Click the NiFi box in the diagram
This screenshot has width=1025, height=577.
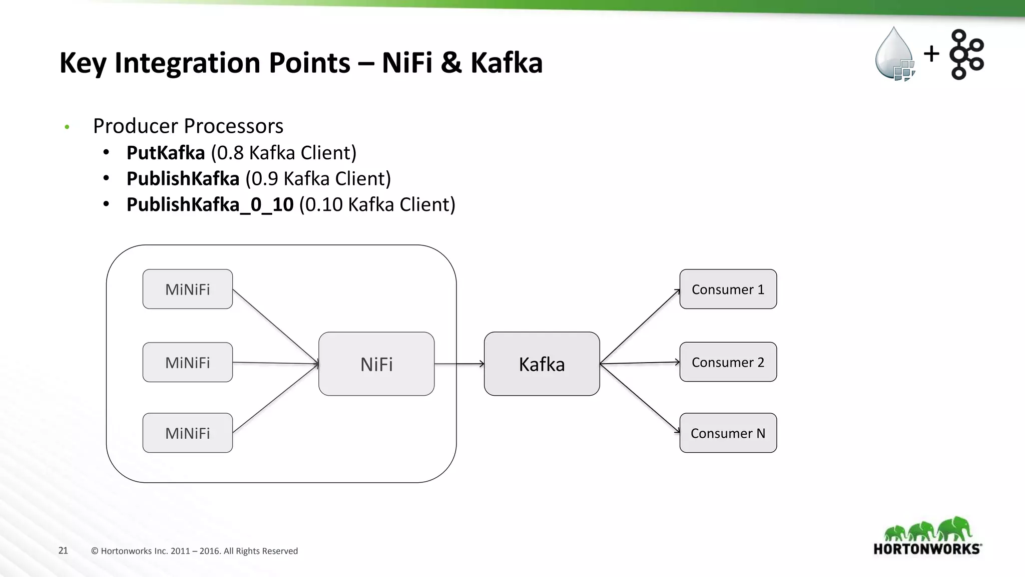pos(376,364)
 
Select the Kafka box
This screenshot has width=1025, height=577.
pos(542,364)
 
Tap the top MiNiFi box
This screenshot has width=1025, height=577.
pos(187,289)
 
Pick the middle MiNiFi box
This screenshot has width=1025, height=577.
pos(187,362)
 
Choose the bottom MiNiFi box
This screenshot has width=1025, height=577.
pos(187,433)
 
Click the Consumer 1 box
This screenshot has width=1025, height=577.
pos(728,289)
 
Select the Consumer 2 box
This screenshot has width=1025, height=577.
pos(728,362)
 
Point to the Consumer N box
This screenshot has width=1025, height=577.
pos(728,433)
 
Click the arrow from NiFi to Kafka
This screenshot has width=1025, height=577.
pos(459,364)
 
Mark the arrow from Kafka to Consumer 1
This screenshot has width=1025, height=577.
pos(640,327)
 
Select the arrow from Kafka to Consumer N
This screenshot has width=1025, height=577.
pos(640,398)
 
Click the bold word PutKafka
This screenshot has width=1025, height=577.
pos(166,153)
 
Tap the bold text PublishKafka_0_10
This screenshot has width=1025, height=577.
pos(210,204)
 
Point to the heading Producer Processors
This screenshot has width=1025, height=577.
pos(188,126)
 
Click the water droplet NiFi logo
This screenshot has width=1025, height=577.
pos(894,54)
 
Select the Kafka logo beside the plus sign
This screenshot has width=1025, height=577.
pos(966,54)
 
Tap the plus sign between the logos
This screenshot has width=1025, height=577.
pos(931,53)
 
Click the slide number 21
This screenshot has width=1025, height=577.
pos(63,550)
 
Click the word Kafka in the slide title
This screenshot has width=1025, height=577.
pos(506,63)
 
